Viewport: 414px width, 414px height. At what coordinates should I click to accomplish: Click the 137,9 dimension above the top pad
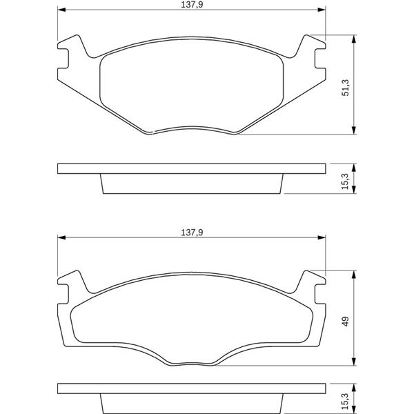(x=192, y=5)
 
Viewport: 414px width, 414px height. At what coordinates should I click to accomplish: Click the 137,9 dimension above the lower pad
(x=192, y=233)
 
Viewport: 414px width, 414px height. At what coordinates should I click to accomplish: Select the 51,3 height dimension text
(x=346, y=88)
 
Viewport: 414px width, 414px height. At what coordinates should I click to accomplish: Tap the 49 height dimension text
(x=346, y=322)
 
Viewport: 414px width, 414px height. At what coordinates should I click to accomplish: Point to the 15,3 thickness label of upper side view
(x=346, y=181)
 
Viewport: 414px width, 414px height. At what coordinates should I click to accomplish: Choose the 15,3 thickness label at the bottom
(x=346, y=401)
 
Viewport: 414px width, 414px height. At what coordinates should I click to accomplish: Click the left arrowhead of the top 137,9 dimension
(x=61, y=10)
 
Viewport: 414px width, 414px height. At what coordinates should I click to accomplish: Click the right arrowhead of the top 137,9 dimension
(x=322, y=10)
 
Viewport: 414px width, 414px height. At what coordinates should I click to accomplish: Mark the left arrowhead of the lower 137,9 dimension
(x=61, y=237)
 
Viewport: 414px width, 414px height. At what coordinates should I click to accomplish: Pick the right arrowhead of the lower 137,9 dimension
(x=322, y=237)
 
